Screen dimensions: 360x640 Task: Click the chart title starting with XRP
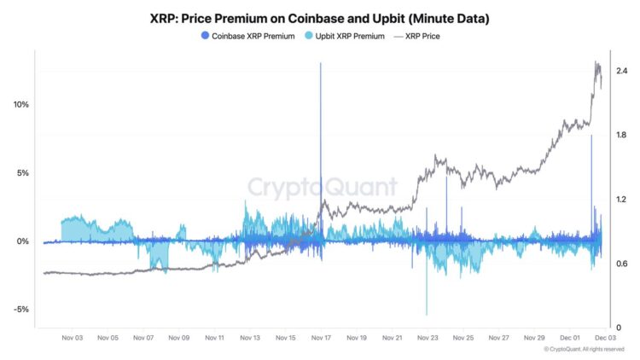pos(320,16)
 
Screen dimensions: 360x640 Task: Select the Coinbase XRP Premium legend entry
pos(247,36)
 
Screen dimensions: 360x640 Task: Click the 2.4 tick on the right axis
pos(621,71)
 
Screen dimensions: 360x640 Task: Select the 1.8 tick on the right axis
pos(621,136)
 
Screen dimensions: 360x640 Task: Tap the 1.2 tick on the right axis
pos(621,200)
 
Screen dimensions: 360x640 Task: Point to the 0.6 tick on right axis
pos(621,264)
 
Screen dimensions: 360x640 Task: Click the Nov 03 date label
pos(72,338)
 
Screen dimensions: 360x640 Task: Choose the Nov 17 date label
pos(322,338)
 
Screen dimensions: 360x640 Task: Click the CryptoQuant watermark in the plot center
pos(322,187)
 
